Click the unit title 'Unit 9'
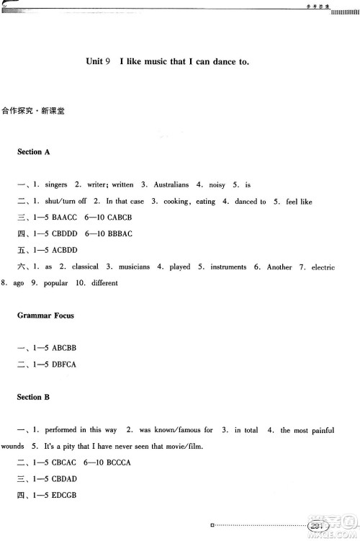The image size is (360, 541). [98, 62]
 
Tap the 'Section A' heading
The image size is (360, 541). [34, 152]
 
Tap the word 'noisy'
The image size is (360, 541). [217, 185]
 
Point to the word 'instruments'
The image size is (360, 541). [229, 267]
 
